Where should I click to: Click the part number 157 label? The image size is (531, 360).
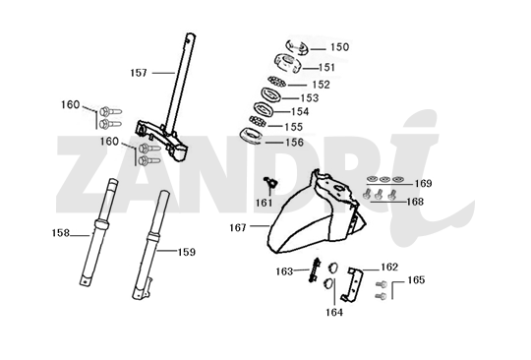coord(139,72)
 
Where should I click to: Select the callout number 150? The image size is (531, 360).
coord(338,46)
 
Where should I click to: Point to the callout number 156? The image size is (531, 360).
coord(294,141)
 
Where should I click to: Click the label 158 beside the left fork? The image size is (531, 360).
coord(61,233)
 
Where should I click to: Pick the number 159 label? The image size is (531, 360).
coord(186,252)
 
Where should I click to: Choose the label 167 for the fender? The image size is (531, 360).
coord(238,227)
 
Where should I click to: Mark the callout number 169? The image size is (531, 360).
coord(422,183)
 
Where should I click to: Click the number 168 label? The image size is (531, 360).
coord(415,201)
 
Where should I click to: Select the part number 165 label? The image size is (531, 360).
coord(416,279)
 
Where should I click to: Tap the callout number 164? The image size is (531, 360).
coord(336,314)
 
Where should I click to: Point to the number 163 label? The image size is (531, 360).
coord(284,270)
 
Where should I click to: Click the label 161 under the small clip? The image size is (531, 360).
coord(263,203)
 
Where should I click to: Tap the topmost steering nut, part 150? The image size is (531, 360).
coord(298,46)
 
